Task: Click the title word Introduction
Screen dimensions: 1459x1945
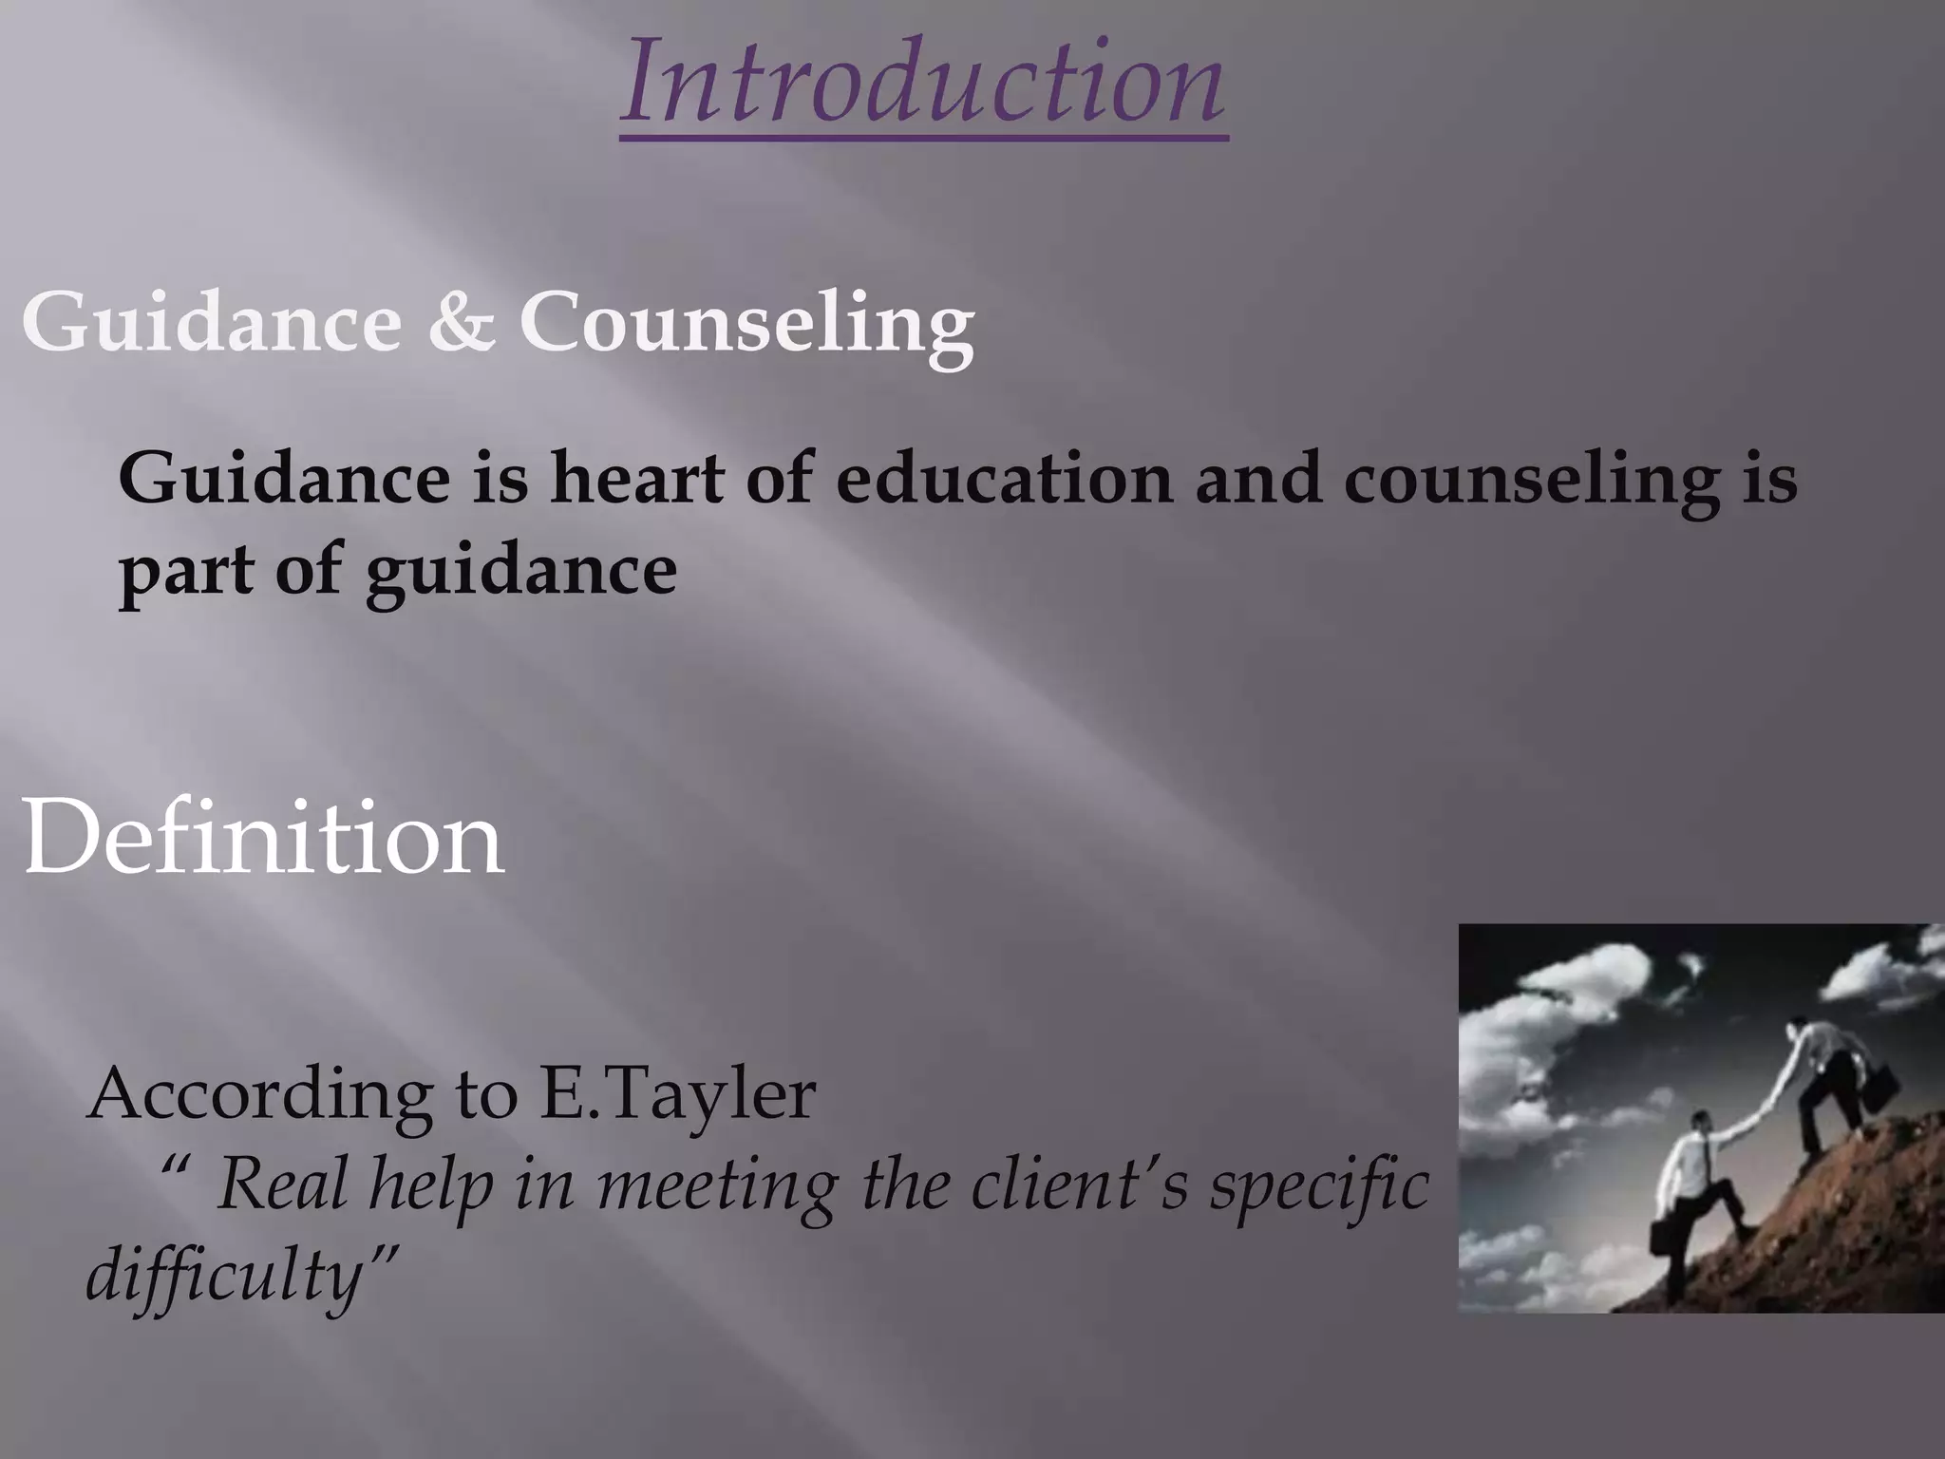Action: click(923, 84)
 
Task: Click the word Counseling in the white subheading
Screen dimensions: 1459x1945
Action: click(746, 323)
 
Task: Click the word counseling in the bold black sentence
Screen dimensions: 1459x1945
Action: click(1531, 481)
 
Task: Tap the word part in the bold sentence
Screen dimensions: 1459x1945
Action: click(186, 572)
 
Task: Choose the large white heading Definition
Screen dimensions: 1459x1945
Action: click(262, 838)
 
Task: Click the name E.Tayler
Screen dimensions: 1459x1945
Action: click(677, 1094)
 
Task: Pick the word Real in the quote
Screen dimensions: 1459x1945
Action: click(282, 1185)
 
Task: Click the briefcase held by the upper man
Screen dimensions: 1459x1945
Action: click(1880, 1089)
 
